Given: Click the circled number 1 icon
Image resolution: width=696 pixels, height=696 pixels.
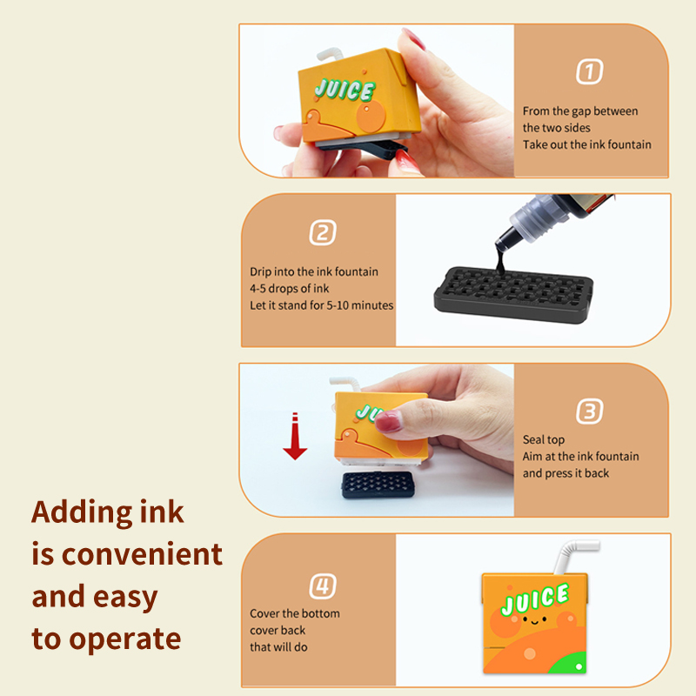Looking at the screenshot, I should (590, 72).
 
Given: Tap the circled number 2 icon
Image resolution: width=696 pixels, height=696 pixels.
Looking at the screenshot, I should (322, 232).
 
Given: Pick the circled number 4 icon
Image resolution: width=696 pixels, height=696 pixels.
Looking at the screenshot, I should (322, 586).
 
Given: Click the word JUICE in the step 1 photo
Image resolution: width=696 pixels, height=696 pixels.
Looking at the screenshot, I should (345, 90).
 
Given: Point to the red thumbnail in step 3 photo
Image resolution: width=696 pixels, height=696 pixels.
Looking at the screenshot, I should (390, 422).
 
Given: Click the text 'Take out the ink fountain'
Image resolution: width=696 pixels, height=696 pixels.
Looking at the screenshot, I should (586, 144).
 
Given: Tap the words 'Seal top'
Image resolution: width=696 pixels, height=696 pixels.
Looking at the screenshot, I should (544, 440).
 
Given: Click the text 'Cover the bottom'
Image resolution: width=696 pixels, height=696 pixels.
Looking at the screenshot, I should (295, 613).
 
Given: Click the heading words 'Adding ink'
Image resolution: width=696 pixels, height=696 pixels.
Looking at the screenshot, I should (108, 512).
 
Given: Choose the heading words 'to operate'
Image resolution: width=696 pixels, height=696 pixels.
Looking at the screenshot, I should (106, 639).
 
